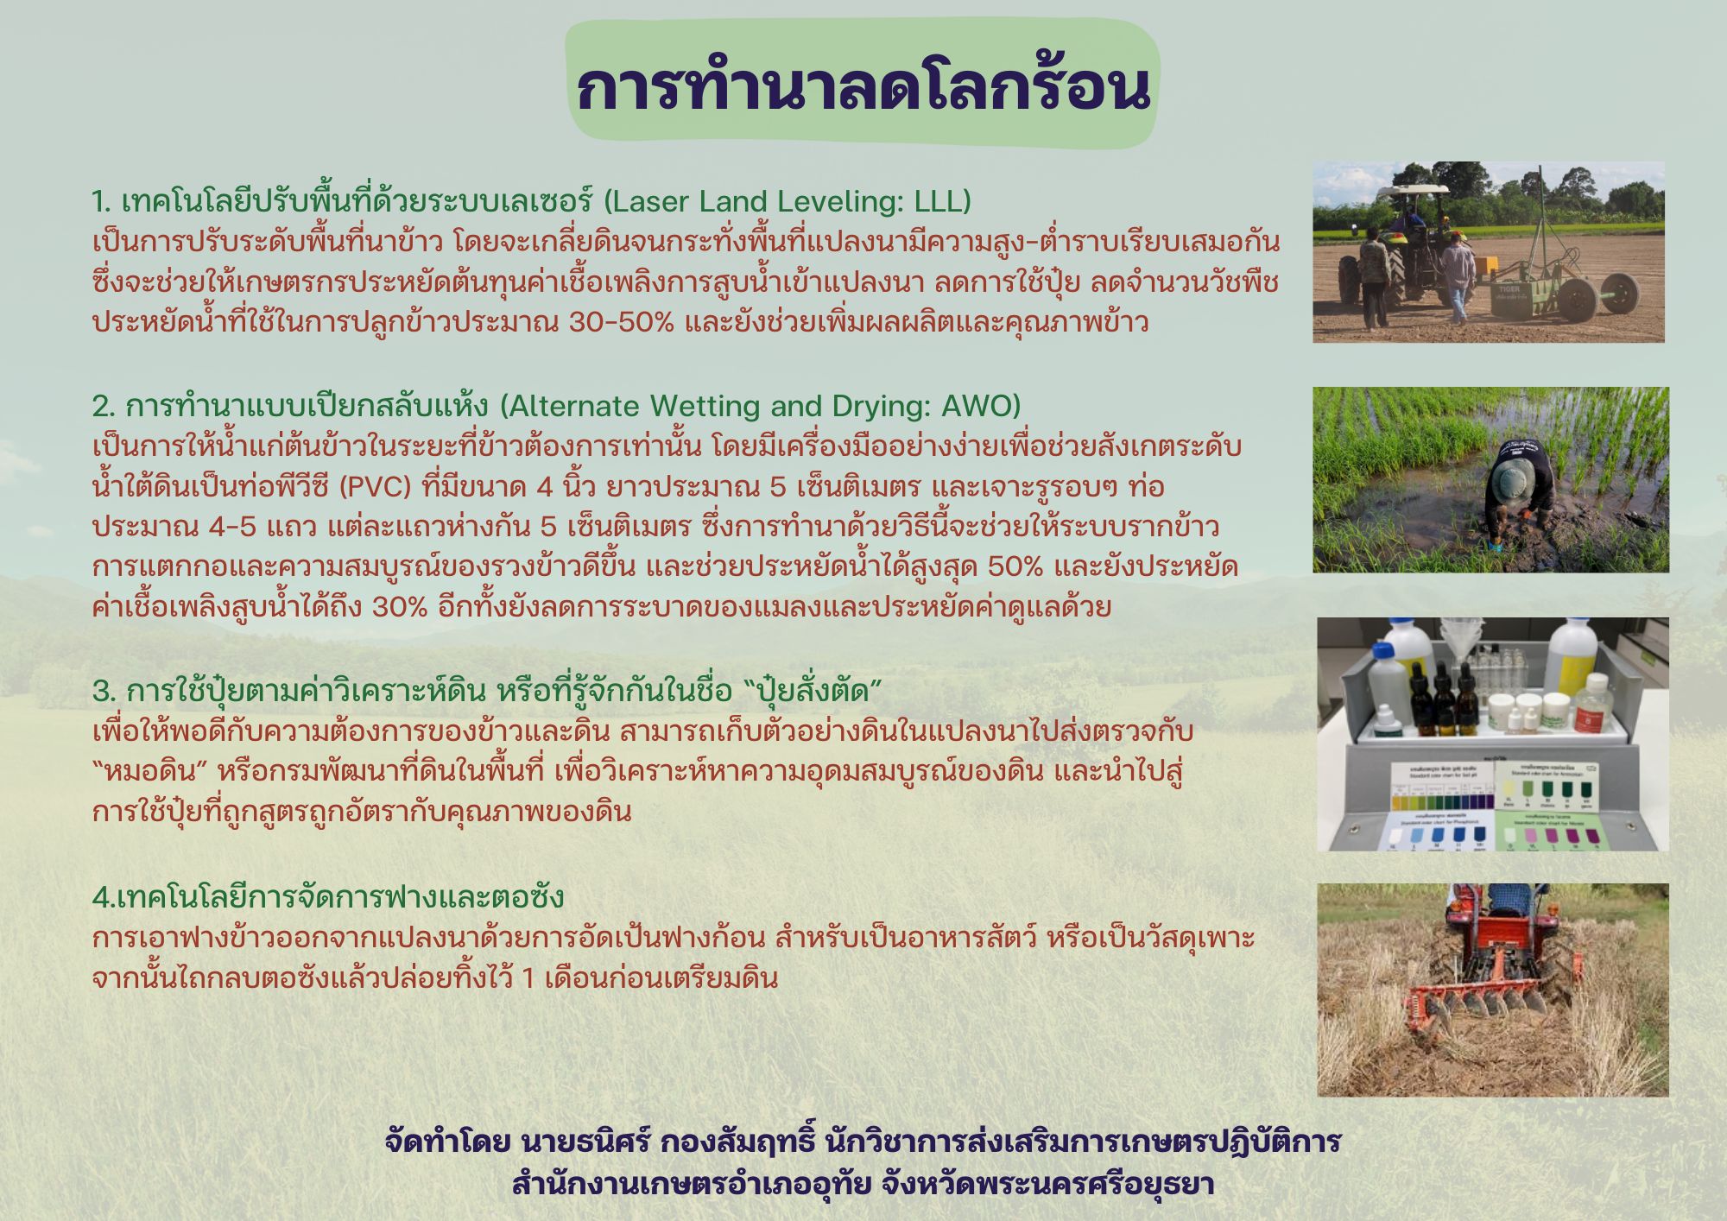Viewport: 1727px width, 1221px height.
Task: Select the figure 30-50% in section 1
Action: pyautogui.click(x=622, y=323)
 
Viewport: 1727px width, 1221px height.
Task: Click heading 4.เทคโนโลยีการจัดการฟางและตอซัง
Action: pyautogui.click(x=328, y=897)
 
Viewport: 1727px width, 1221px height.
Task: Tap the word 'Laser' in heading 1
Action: pyautogui.click(x=649, y=201)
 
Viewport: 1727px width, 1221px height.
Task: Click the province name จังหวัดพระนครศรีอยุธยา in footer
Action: pyautogui.click(x=1047, y=1182)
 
